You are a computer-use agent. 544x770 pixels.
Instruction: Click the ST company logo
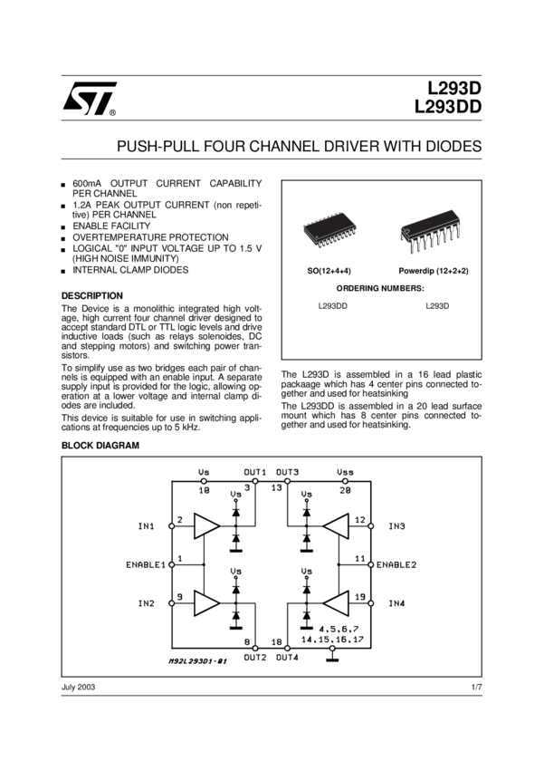pyautogui.click(x=88, y=105)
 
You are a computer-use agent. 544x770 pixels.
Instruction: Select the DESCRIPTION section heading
pyautogui.click(x=91, y=295)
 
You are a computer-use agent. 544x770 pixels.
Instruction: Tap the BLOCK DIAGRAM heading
pyautogui.click(x=100, y=446)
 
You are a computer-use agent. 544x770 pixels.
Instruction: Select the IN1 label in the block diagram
pyautogui.click(x=146, y=526)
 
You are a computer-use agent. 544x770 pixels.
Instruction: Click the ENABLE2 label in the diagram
pyautogui.click(x=396, y=564)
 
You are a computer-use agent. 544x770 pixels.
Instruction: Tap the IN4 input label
pyautogui.click(x=396, y=602)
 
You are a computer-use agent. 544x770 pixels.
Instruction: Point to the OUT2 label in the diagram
pyautogui.click(x=254, y=656)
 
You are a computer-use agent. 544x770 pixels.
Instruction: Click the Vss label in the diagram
pyautogui.click(x=345, y=472)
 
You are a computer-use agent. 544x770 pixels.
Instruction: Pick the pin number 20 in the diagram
pyautogui.click(x=345, y=489)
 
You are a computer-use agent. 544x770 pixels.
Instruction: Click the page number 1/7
pyautogui.click(x=477, y=688)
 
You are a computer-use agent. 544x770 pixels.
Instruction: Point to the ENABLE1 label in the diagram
pyautogui.click(x=146, y=564)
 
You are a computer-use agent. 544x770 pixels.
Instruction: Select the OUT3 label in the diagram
pyautogui.click(x=288, y=472)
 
